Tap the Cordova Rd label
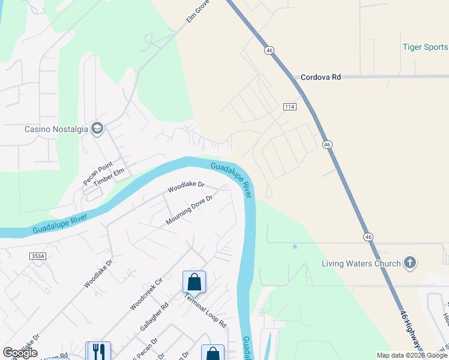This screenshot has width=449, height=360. tap(320, 77)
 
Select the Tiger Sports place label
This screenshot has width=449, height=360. tap(425, 47)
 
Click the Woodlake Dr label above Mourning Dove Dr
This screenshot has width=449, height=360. tap(186, 187)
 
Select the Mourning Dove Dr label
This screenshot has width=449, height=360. tap(190, 210)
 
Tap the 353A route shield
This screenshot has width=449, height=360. tap(38, 256)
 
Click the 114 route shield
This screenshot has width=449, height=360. tap(290, 107)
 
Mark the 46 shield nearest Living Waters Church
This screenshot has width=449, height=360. tap(367, 237)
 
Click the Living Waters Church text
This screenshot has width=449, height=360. tap(361, 263)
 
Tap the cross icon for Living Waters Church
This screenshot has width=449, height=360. tap(410, 262)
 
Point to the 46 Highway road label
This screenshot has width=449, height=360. tap(410, 329)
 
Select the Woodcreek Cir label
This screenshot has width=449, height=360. tap(146, 293)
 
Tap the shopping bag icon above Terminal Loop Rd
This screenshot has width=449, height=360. tap(194, 281)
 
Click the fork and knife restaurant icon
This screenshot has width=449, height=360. tap(97, 351)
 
